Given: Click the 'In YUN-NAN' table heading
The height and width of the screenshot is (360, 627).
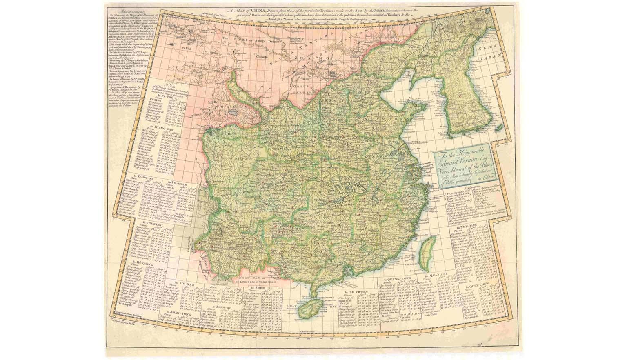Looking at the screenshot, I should point(466,226).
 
